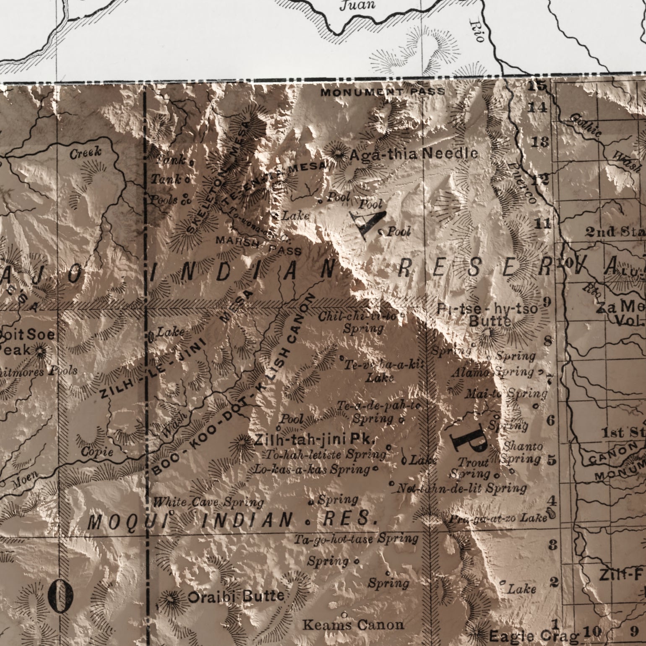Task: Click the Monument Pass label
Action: (x=383, y=92)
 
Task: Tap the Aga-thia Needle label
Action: (x=413, y=154)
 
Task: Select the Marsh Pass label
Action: (x=258, y=246)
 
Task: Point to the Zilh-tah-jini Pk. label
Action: (x=315, y=439)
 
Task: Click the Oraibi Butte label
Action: (x=236, y=597)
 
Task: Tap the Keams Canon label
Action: (x=353, y=625)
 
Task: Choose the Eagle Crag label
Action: (x=534, y=636)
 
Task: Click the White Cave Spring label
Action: (x=208, y=502)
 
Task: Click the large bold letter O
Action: (x=60, y=597)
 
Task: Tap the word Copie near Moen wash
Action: (x=97, y=452)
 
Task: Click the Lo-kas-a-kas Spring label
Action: (x=312, y=469)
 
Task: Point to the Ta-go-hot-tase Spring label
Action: (x=356, y=539)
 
